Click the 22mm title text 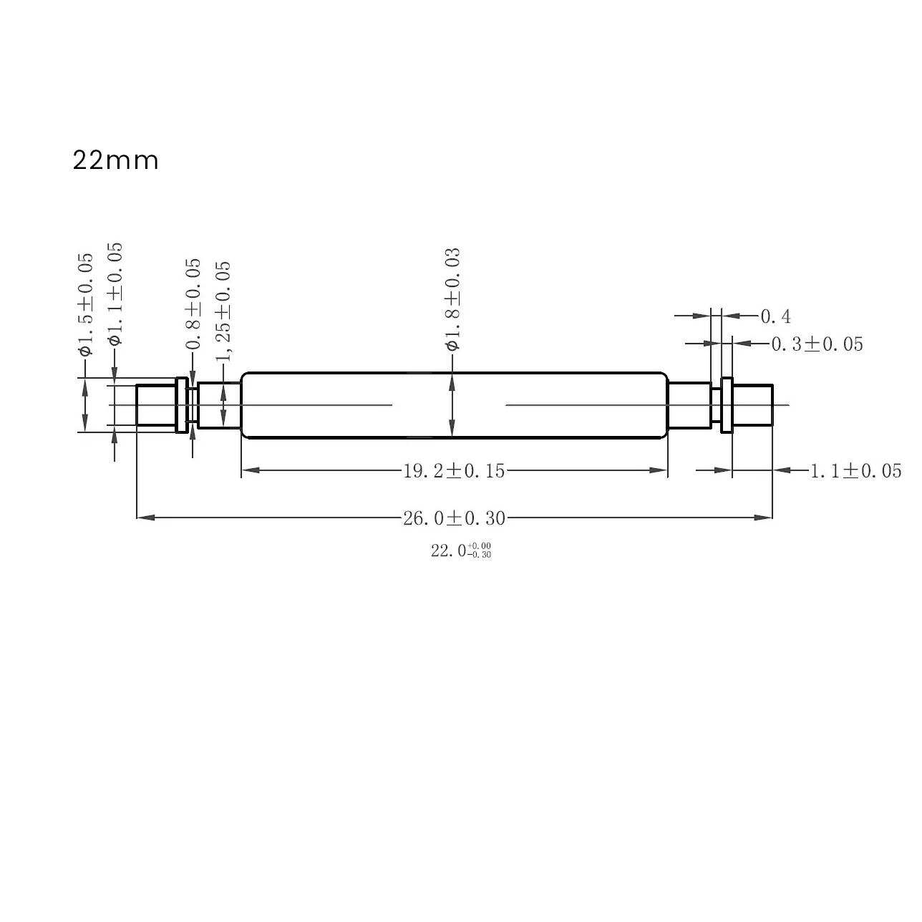click(115, 160)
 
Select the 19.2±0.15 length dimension click(454, 470)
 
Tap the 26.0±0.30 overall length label click(454, 518)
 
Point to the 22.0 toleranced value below click(460, 550)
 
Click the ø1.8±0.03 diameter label click(452, 299)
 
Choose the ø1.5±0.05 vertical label click(85, 304)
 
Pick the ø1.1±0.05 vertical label click(115, 294)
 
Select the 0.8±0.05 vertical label click(193, 304)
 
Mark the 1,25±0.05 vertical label click(223, 311)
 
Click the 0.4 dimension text click(775, 316)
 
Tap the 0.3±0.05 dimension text click(817, 344)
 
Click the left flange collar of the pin click(182, 405)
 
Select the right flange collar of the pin click(727, 405)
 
